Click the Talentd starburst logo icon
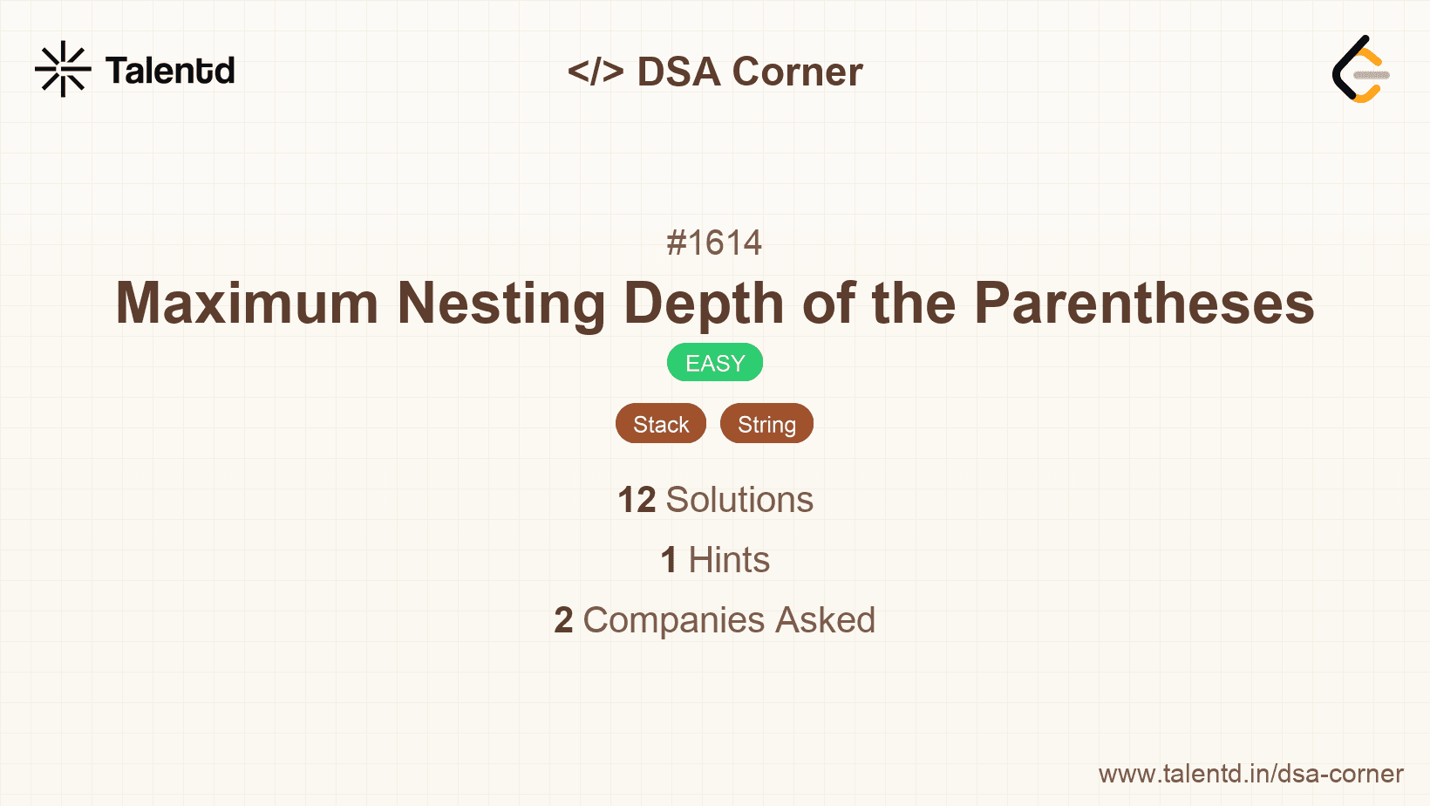click(63, 69)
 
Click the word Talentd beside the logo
click(170, 71)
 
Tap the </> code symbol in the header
click(596, 72)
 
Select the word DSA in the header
click(678, 72)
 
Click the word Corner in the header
click(797, 72)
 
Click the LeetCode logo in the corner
click(1360, 70)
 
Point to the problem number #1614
click(714, 242)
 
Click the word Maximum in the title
click(247, 304)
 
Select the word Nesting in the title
click(500, 304)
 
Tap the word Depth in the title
click(703, 304)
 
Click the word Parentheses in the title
click(1143, 304)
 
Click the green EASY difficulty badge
click(715, 363)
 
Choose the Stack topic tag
click(661, 424)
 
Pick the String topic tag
click(766, 424)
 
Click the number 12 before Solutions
click(637, 500)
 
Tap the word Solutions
click(739, 500)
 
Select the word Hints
click(729, 560)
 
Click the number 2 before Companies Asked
click(563, 620)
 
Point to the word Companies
click(674, 620)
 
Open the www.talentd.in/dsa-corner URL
click(1250, 774)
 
